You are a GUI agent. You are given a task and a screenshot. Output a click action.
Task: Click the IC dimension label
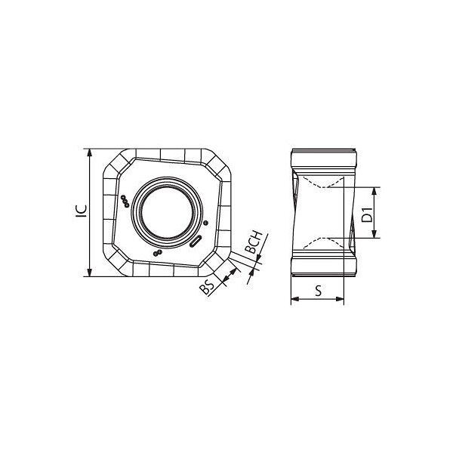(x=82, y=211)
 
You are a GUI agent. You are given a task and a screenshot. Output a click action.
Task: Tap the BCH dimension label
(x=254, y=242)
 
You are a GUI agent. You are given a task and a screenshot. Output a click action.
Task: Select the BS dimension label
(x=208, y=287)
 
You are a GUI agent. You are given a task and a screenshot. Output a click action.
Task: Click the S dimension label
(x=319, y=291)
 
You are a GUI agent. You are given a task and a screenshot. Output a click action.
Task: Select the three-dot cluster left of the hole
(x=125, y=201)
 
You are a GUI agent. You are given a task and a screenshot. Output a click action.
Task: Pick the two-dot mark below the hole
(x=158, y=253)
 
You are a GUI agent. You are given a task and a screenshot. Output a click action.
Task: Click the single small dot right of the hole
(x=205, y=223)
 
